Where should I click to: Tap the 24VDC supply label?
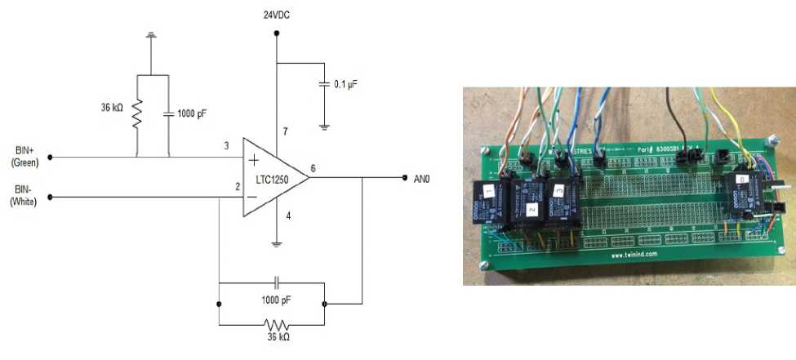(276, 14)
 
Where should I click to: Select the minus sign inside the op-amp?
(253, 197)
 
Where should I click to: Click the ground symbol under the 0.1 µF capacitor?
(324, 126)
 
